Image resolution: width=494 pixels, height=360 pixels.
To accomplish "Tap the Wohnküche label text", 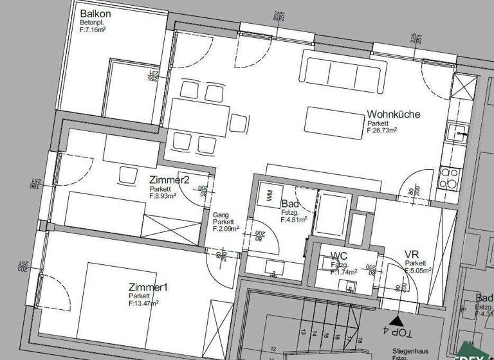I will click(x=394, y=114).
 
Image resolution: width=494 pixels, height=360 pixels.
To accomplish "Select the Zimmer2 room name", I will click(x=169, y=180).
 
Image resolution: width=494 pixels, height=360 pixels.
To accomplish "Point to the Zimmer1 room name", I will click(x=147, y=287).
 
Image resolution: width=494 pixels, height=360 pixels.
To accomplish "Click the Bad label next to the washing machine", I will click(x=289, y=204).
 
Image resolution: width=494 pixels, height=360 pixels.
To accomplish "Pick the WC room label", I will click(x=339, y=256).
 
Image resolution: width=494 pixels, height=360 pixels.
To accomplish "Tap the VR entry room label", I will click(x=412, y=255).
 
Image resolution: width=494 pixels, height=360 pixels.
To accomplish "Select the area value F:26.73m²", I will click(x=382, y=130).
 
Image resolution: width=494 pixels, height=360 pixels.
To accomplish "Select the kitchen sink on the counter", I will click(x=459, y=132).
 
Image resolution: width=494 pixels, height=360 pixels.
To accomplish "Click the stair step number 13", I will click(x=302, y=332).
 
